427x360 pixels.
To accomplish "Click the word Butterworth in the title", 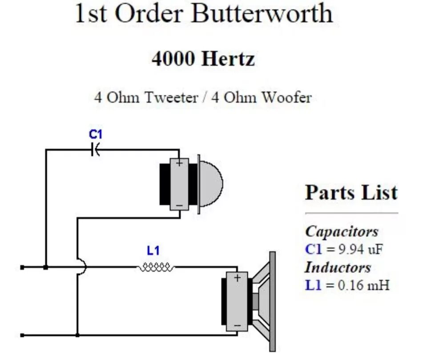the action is [262, 14].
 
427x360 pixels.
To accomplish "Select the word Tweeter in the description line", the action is [170, 97].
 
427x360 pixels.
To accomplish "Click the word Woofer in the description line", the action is [286, 97].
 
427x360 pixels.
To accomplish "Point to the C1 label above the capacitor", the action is [96, 134].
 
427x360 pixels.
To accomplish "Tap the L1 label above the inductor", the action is [153, 251].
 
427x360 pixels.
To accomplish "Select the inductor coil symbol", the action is [155, 267].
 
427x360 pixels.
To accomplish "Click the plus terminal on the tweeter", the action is [179, 163].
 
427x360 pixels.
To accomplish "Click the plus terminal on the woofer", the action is [237, 278].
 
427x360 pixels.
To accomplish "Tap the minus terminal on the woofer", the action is [237, 326].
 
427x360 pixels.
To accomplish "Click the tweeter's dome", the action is [212, 183].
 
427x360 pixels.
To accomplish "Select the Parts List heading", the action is [351, 193].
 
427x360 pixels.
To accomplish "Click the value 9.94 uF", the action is [361, 249].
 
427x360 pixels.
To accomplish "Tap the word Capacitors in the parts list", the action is [342, 231].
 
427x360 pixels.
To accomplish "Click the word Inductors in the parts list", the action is [338, 267].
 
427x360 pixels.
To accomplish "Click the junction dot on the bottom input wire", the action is [77, 335].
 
